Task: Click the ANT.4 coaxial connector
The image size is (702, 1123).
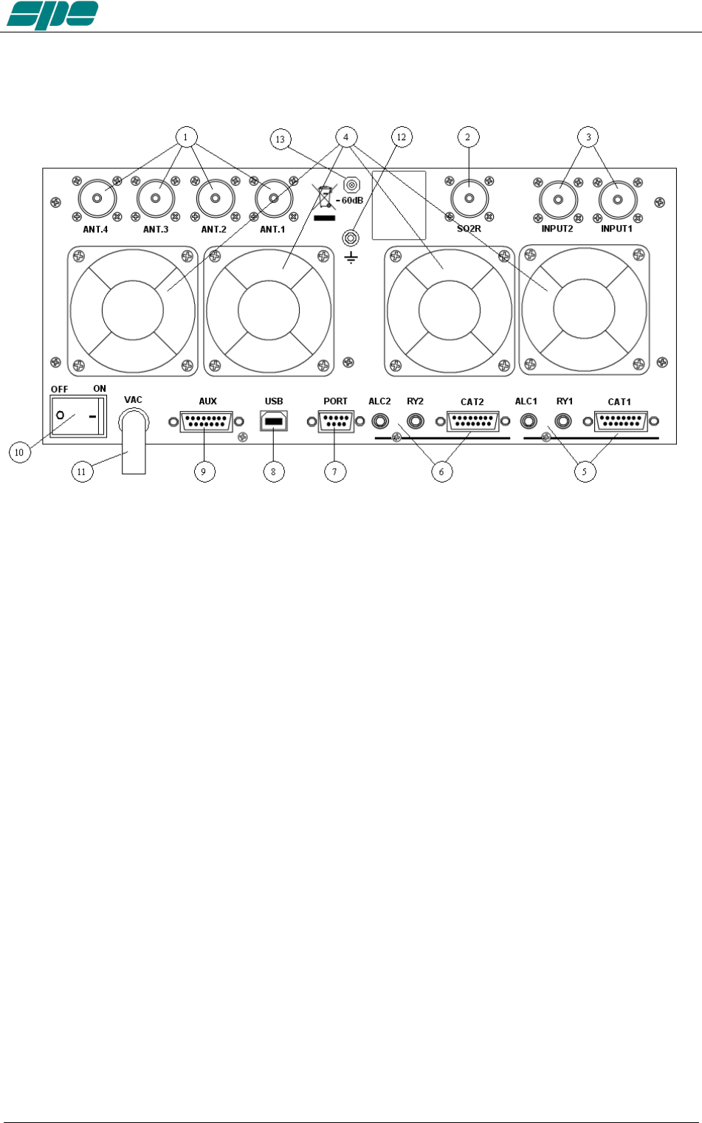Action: click(x=97, y=198)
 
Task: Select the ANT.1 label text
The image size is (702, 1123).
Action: click(x=272, y=229)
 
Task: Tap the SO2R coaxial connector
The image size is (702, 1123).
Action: click(x=469, y=198)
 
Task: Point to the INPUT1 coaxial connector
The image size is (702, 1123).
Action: click(x=618, y=199)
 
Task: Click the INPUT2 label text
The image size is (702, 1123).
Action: click(x=557, y=229)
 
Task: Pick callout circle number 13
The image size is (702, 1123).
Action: click(x=281, y=139)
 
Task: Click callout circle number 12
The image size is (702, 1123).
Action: click(x=401, y=137)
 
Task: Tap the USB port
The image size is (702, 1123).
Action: click(x=273, y=421)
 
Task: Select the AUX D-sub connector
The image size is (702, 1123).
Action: click(x=206, y=421)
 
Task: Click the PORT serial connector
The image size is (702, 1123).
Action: click(x=335, y=421)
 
